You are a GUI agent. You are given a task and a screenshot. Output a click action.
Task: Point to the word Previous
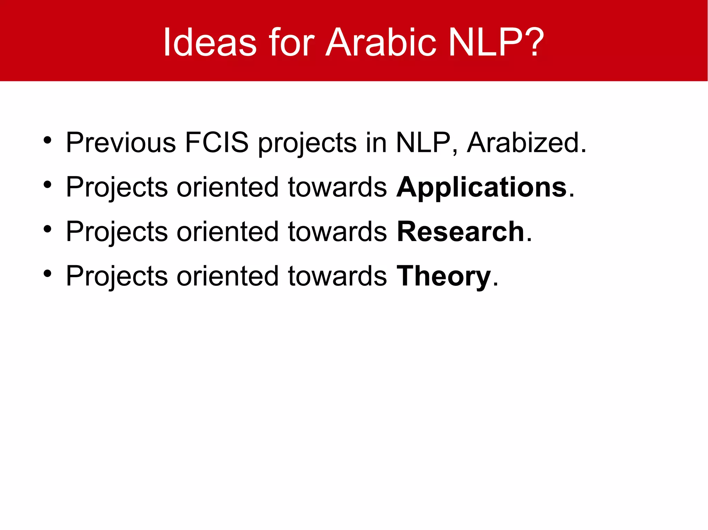point(121,143)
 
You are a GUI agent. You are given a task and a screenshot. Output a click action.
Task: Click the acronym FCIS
point(217,143)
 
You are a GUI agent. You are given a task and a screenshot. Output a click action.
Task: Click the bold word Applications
point(482,187)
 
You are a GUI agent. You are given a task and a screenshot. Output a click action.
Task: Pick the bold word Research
point(460,232)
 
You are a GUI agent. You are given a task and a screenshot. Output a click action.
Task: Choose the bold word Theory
point(444,277)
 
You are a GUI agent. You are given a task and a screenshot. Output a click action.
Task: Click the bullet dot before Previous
point(47,141)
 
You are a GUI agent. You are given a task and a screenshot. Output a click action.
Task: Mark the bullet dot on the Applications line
point(47,185)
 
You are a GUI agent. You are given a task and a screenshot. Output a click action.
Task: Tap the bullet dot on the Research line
point(47,229)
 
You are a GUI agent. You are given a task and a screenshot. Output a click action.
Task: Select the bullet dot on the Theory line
point(47,274)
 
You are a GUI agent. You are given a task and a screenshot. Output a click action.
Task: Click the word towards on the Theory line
point(337,276)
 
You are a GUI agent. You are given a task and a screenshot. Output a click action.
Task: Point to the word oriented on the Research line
point(227,232)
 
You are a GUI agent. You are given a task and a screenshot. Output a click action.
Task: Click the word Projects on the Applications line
point(117,187)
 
